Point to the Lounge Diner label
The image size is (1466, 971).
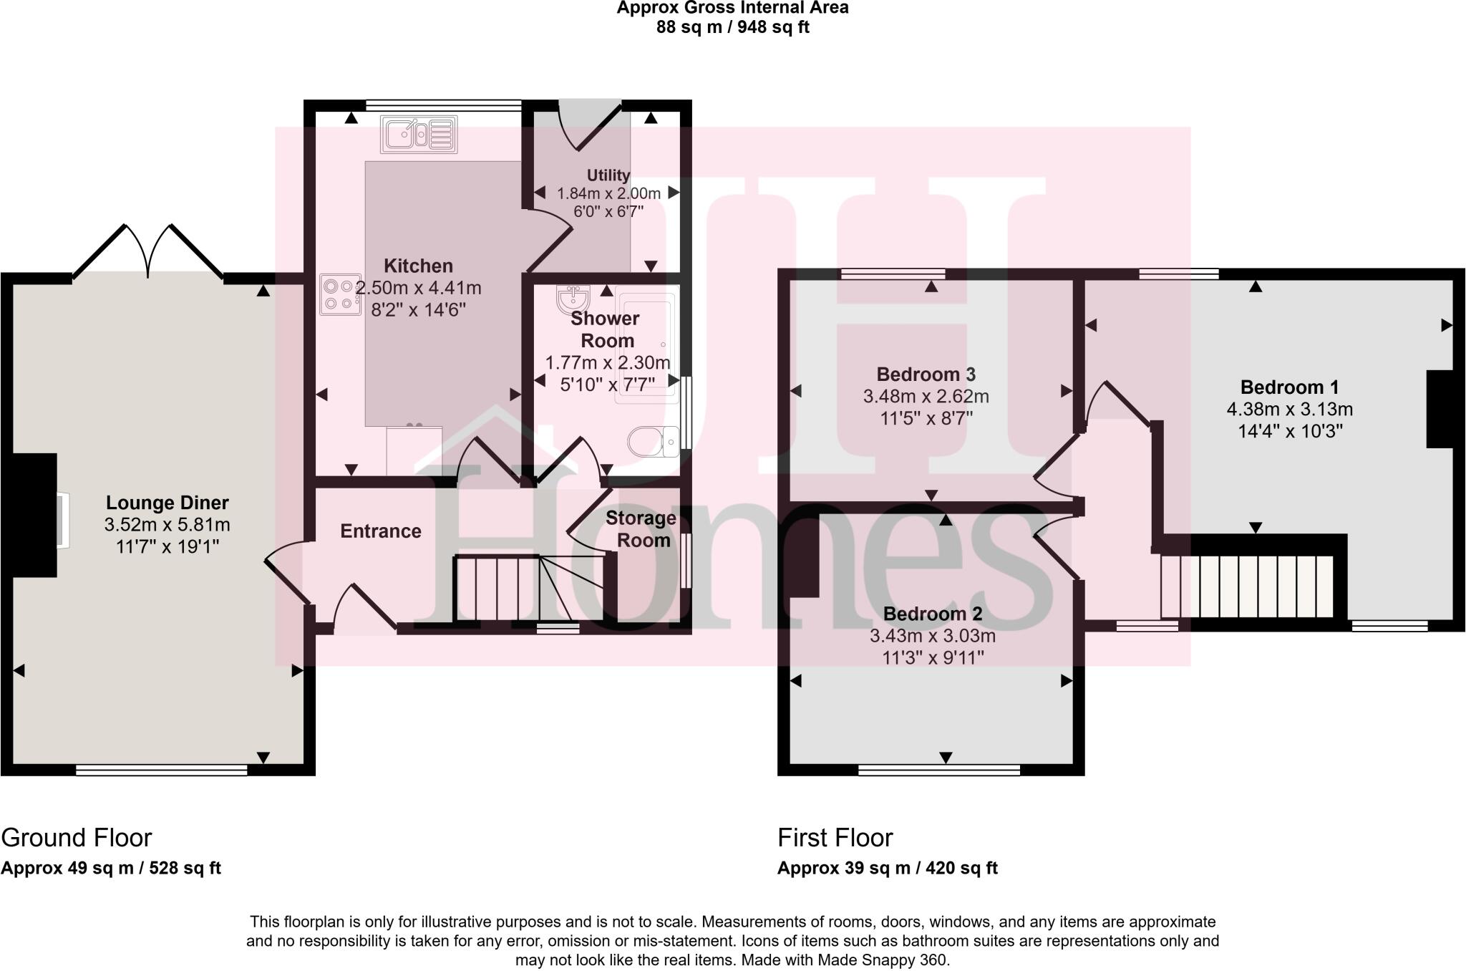(167, 503)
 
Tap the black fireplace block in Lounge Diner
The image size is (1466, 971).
(33, 515)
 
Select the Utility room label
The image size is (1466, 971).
(608, 175)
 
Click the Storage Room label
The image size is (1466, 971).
(641, 528)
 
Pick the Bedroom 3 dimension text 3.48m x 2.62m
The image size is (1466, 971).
(926, 396)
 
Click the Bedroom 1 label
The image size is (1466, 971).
(1289, 387)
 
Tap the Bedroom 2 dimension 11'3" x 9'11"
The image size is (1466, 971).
(932, 657)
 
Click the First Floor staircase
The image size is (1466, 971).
(1247, 586)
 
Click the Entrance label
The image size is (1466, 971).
(380, 531)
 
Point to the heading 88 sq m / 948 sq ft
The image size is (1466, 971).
(732, 28)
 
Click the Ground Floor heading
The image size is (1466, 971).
(77, 837)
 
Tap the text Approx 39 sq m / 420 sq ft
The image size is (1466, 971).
(887, 868)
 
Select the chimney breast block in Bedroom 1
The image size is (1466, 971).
(1440, 409)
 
